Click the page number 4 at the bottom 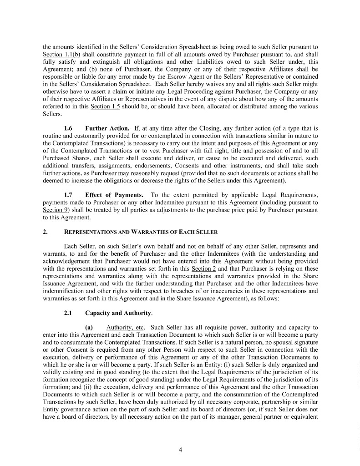point(180,451)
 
